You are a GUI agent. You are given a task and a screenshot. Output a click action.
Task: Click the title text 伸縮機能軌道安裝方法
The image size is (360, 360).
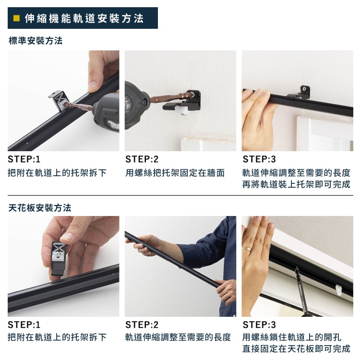pyautogui.click(x=84, y=19)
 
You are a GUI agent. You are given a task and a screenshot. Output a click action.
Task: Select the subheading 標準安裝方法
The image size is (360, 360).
pyautogui.click(x=36, y=41)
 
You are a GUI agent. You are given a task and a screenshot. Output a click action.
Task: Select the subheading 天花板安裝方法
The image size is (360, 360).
pyautogui.click(x=40, y=208)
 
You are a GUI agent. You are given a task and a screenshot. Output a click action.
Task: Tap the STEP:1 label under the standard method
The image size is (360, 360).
pyautogui.click(x=24, y=159)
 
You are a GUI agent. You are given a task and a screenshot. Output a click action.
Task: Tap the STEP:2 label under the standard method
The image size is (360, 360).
pyautogui.click(x=142, y=159)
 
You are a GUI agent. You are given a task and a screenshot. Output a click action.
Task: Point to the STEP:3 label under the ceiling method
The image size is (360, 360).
pyautogui.click(x=259, y=324)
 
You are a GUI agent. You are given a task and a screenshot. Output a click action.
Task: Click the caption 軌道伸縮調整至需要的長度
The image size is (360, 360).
pyautogui.click(x=178, y=337)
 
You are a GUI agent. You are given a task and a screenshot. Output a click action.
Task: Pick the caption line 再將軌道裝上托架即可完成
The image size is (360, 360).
pyautogui.click(x=296, y=184)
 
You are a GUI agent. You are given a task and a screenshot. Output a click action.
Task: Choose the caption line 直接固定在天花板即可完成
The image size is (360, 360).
pyautogui.click(x=296, y=349)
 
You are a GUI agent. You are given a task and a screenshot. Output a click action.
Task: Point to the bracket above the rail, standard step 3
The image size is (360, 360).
pyautogui.click(x=305, y=91)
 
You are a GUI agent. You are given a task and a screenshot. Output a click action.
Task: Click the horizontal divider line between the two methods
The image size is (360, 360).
pyautogui.click(x=180, y=196)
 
